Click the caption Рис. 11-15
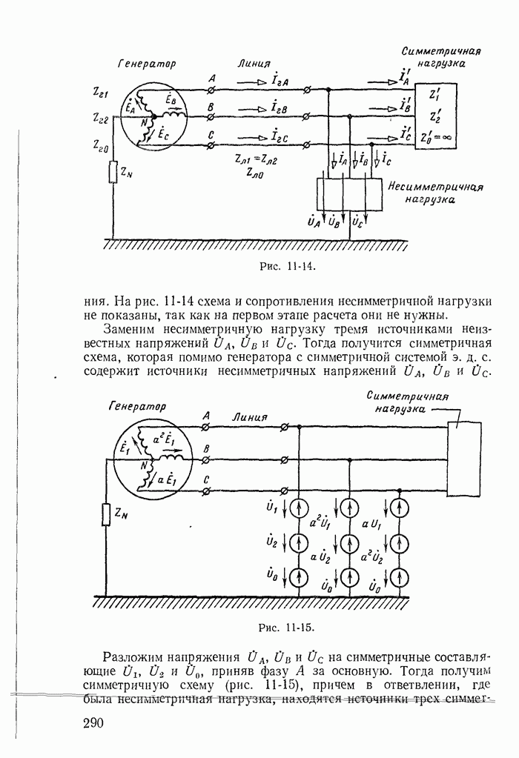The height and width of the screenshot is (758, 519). click(x=287, y=626)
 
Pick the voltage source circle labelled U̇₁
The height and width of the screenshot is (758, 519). click(x=298, y=509)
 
